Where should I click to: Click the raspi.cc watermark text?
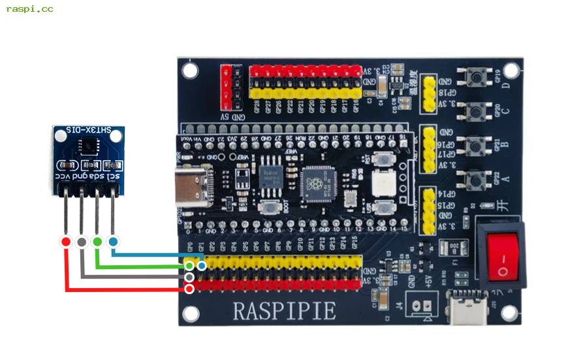click(30, 9)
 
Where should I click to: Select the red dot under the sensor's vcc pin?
click(65, 242)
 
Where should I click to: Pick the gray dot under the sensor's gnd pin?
click(82, 242)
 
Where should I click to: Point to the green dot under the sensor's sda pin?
click(97, 242)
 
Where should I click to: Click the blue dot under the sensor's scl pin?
click(113, 242)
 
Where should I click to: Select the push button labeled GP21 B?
click(477, 145)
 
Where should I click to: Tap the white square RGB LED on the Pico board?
click(382, 182)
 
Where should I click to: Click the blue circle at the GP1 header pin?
click(202, 265)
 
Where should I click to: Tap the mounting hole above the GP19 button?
click(511, 70)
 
